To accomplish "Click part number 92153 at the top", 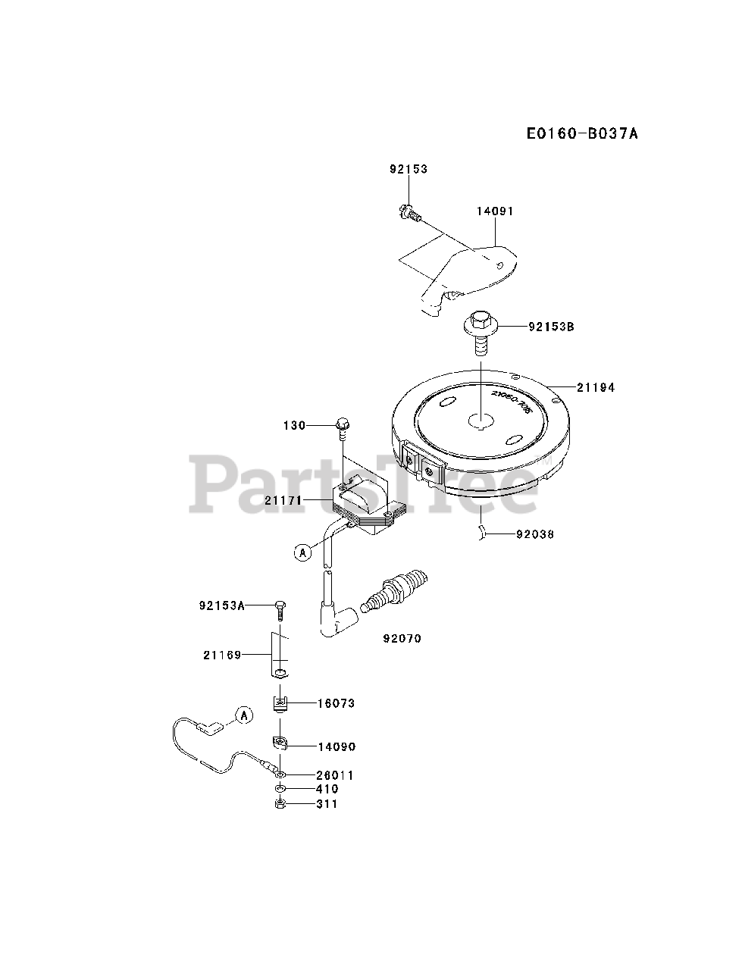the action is (409, 169).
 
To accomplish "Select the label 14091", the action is (494, 211).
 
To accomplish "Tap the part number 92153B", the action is (552, 327).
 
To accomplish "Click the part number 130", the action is (295, 425).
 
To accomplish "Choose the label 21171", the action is (284, 500).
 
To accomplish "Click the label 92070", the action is (402, 639).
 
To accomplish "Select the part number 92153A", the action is (223, 605).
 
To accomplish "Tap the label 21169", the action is (222, 655).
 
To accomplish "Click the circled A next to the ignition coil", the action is (302, 552).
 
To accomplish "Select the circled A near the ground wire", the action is (243, 713).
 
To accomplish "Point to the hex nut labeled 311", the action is (280, 804).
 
